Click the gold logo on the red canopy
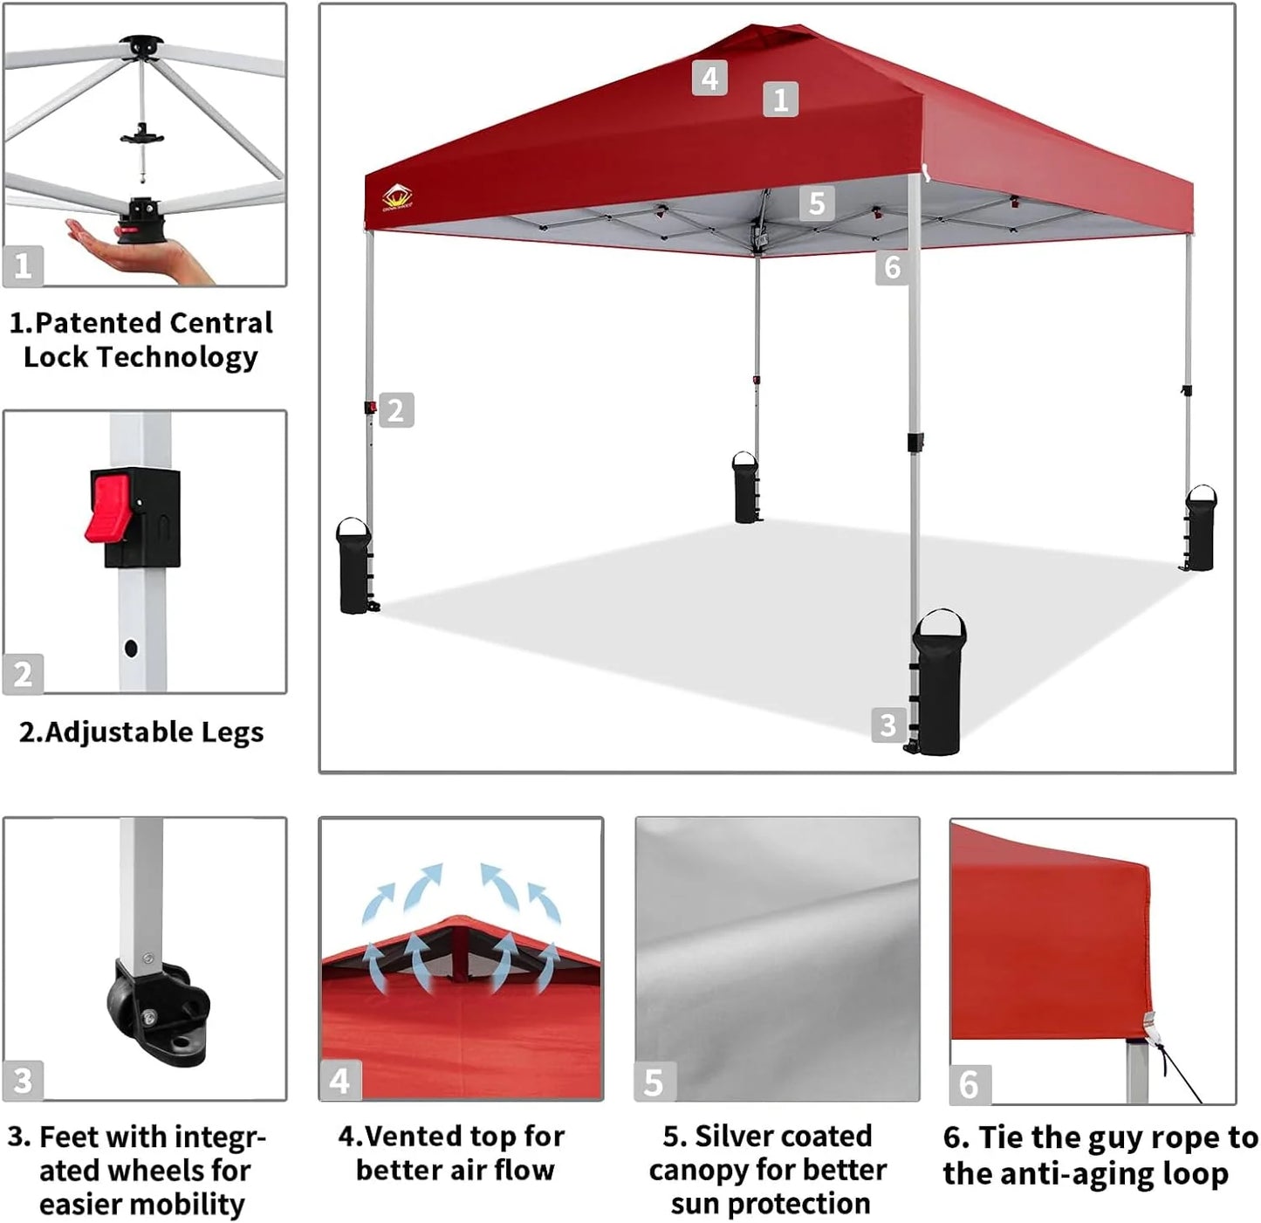tap(397, 197)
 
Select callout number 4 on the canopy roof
tap(709, 78)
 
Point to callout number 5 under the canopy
tap(816, 203)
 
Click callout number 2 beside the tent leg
tap(395, 409)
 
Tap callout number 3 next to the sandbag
tap(887, 725)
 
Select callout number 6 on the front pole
tap(891, 267)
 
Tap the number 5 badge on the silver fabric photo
tap(654, 1082)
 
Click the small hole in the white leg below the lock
tap(131, 649)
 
